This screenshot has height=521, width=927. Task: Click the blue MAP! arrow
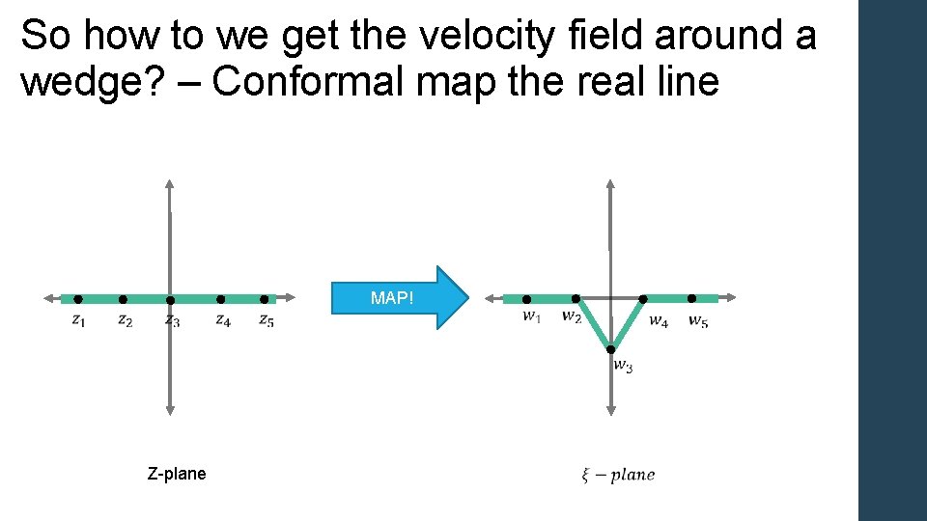click(399, 298)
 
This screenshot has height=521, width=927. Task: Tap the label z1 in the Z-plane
click(78, 320)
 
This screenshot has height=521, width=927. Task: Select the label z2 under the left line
click(125, 320)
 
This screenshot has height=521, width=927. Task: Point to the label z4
click(222, 320)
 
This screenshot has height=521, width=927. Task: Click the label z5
click(266, 320)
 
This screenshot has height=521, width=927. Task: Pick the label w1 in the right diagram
click(532, 315)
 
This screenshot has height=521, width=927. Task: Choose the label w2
click(572, 315)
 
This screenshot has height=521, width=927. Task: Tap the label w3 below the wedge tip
click(623, 366)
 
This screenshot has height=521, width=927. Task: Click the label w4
click(658, 320)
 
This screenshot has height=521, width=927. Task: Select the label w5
click(697, 320)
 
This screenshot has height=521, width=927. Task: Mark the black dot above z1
click(78, 299)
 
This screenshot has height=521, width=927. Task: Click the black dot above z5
click(265, 299)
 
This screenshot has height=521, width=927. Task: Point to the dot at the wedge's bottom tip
click(611, 348)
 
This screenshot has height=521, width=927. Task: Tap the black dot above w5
click(691, 299)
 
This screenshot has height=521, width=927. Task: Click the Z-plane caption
click(177, 474)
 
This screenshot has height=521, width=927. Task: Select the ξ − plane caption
click(618, 474)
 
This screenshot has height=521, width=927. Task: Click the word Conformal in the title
click(306, 83)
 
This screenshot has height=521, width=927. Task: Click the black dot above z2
click(123, 299)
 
